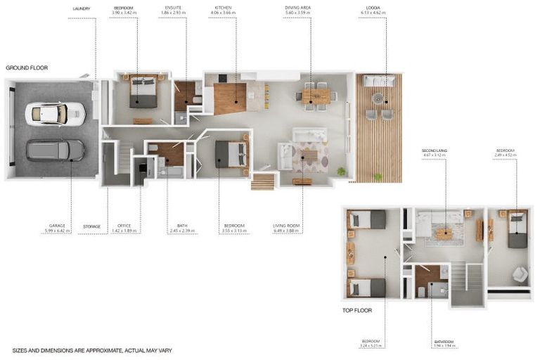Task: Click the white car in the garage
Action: point(55,113)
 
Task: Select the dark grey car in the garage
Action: point(55,150)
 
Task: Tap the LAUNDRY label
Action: point(81,8)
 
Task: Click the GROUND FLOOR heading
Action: point(26,67)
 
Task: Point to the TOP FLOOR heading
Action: point(357,310)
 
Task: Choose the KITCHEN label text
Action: point(223,8)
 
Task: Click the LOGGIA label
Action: point(373,8)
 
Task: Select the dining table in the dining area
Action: point(316,96)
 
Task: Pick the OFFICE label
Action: point(124,226)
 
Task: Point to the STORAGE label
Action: point(91,226)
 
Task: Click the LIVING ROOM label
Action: point(287,226)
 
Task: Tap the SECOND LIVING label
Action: point(434,150)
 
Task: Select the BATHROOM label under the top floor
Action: point(444,342)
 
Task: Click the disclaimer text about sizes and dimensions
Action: point(92,350)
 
